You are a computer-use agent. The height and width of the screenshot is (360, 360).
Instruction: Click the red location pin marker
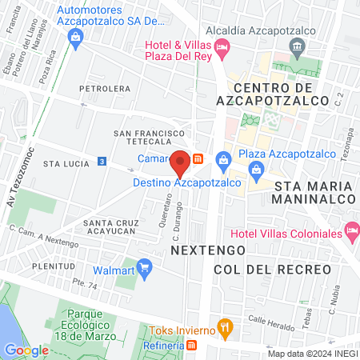coord(181,162)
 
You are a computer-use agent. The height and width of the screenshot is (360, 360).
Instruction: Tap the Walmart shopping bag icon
coord(144,266)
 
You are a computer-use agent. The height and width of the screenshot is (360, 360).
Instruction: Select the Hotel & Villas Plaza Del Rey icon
coord(222,48)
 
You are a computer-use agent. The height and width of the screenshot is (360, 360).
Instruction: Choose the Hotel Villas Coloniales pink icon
coord(351,231)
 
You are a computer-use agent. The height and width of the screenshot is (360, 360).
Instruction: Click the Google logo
coord(26,350)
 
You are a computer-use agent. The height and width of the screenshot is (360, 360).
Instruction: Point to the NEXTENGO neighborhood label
coord(200,250)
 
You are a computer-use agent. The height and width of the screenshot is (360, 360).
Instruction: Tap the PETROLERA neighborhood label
coord(105,89)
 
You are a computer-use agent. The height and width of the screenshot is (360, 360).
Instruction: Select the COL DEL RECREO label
coord(272,270)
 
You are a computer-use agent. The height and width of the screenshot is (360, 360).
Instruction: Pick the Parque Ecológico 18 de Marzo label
coord(88,320)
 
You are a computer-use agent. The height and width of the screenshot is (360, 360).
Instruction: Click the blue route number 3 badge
coord(102,161)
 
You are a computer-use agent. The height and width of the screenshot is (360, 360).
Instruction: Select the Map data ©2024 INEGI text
coord(311,353)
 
